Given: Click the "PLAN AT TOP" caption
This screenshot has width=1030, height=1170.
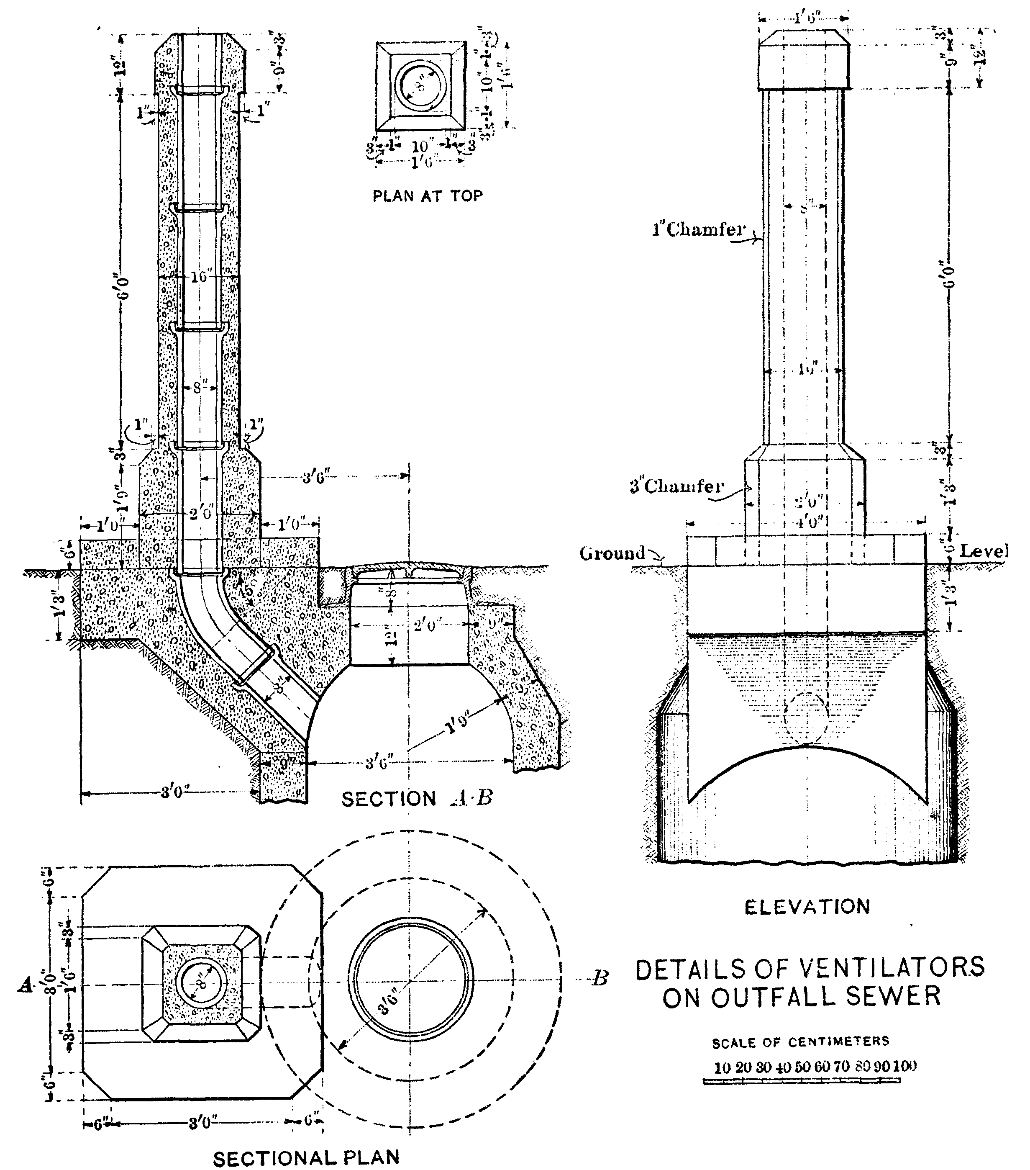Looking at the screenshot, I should (x=428, y=196).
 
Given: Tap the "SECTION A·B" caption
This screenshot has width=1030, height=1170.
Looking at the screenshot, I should (x=417, y=799).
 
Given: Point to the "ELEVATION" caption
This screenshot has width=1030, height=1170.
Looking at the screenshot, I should (x=807, y=907).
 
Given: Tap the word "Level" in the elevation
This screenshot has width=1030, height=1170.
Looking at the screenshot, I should (x=983, y=551).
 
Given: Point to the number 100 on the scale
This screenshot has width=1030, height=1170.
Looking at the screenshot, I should (x=904, y=1066).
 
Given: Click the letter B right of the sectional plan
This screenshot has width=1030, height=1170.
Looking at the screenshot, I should (x=599, y=978).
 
